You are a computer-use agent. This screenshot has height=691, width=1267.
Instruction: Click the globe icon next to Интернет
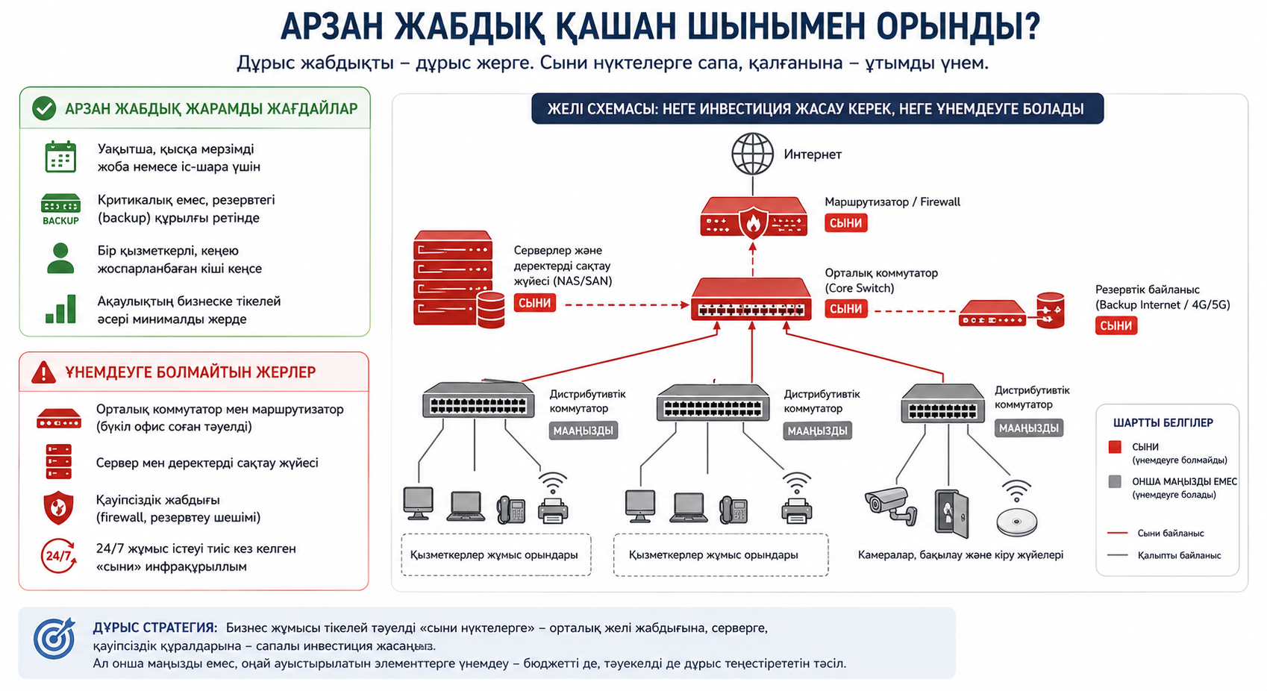pyautogui.click(x=752, y=154)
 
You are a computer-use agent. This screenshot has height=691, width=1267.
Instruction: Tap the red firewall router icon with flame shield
pyautogui.click(x=754, y=217)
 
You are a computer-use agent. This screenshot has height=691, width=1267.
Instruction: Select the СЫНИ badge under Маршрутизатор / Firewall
pyautogui.click(x=845, y=223)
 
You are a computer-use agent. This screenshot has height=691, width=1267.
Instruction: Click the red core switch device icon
pyautogui.click(x=751, y=299)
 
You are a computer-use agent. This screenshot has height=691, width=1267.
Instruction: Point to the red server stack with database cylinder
pyautogui.click(x=459, y=279)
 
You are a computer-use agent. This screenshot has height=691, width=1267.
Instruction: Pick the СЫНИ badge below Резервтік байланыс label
pyautogui.click(x=1116, y=325)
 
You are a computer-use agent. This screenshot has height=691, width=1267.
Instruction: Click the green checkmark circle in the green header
pyautogui.click(x=44, y=108)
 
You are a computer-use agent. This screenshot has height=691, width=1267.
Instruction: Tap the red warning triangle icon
pyautogui.click(x=43, y=372)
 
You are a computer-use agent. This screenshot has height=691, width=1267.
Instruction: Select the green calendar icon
pyautogui.click(x=60, y=157)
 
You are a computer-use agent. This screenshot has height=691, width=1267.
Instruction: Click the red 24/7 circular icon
pyautogui.click(x=58, y=556)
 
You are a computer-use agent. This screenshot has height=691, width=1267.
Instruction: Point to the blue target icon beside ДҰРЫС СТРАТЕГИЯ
pyautogui.click(x=54, y=639)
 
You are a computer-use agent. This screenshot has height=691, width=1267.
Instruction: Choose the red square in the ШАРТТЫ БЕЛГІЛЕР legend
pyautogui.click(x=1115, y=447)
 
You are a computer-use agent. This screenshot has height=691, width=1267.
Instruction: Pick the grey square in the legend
pyautogui.click(x=1115, y=482)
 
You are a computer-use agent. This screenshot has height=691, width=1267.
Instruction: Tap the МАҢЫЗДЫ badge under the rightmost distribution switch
pyautogui.click(x=1029, y=428)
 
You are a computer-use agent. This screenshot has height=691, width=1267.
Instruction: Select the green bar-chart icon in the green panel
pyautogui.click(x=61, y=309)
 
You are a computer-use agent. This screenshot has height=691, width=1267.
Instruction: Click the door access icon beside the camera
pyautogui.click(x=951, y=513)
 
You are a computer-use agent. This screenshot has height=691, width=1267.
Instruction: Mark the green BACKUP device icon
pyautogui.click(x=60, y=209)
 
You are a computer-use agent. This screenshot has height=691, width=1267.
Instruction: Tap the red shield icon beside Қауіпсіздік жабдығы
pyautogui.click(x=58, y=507)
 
